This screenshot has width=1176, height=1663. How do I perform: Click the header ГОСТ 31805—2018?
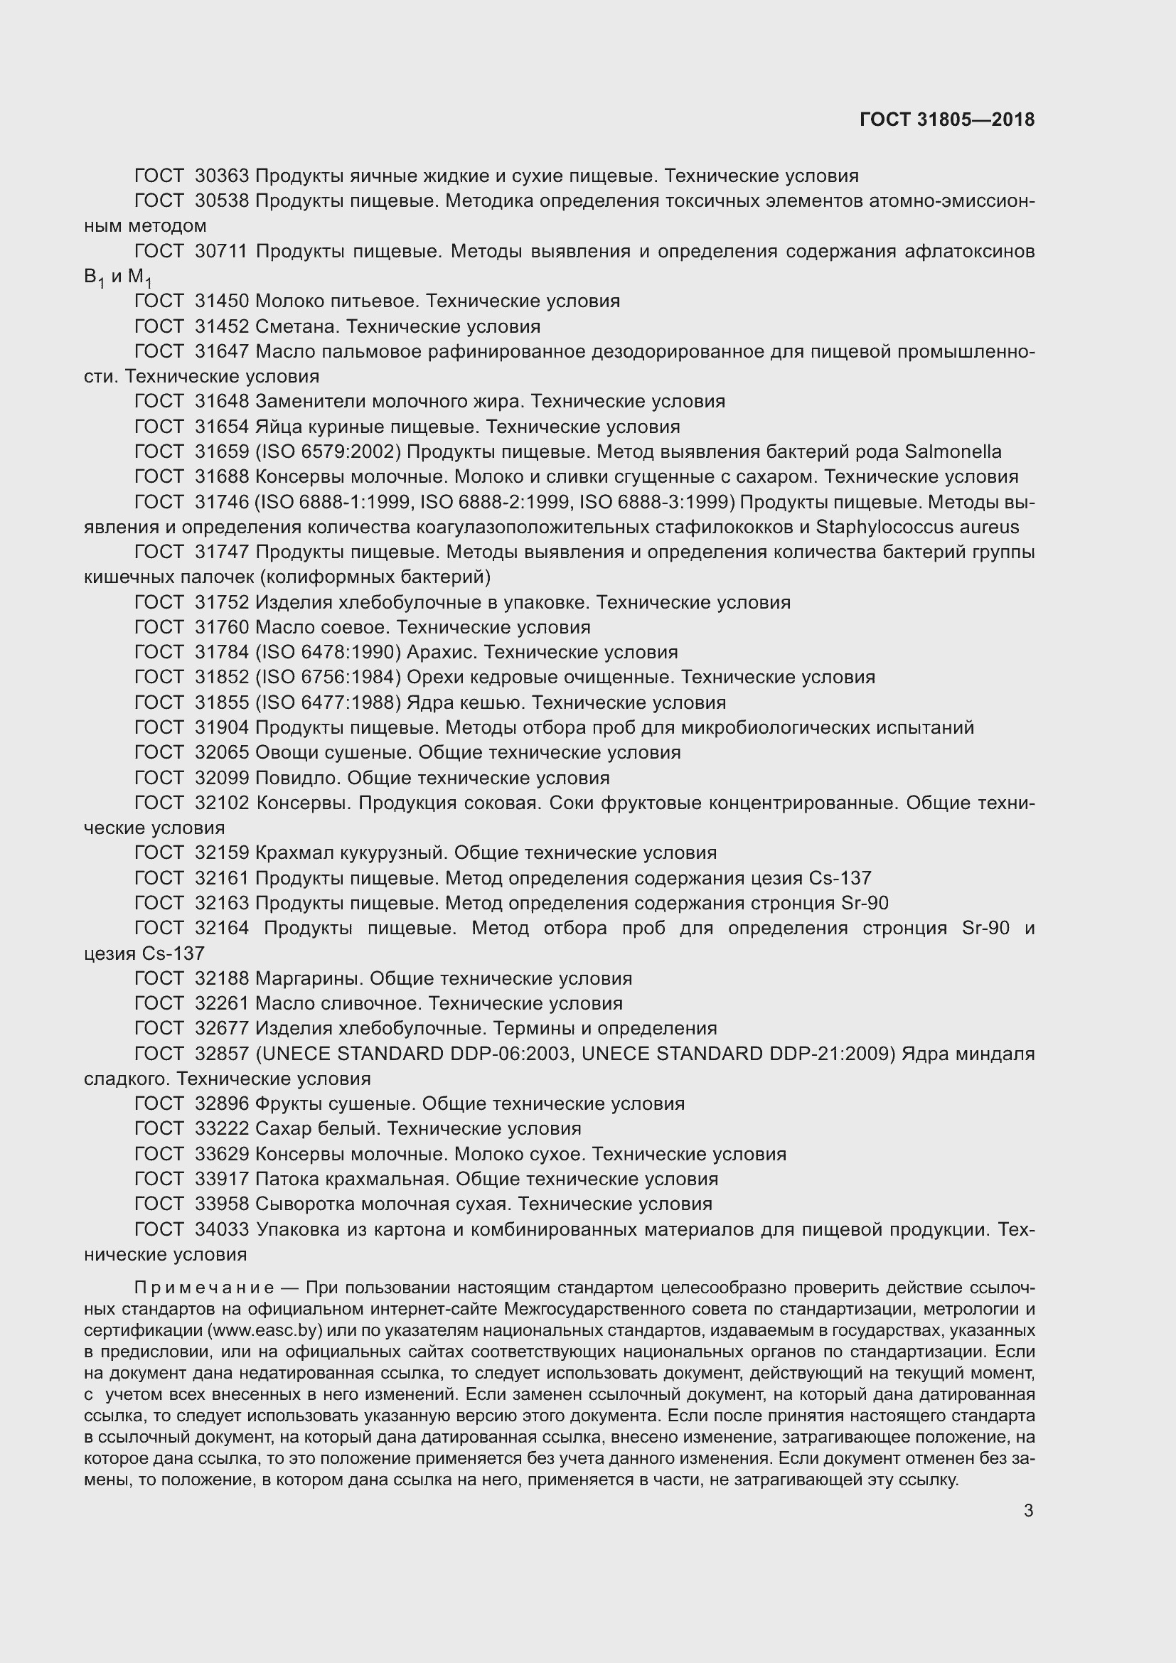pos(946,119)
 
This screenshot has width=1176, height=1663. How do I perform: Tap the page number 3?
pos(1028,1510)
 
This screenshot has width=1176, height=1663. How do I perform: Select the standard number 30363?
pos(222,176)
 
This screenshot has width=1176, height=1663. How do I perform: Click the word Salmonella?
pos(953,452)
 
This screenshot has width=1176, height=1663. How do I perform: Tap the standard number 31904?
pos(222,727)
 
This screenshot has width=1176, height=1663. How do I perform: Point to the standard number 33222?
pos(222,1128)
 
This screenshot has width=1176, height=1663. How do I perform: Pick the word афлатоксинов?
pos(970,251)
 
